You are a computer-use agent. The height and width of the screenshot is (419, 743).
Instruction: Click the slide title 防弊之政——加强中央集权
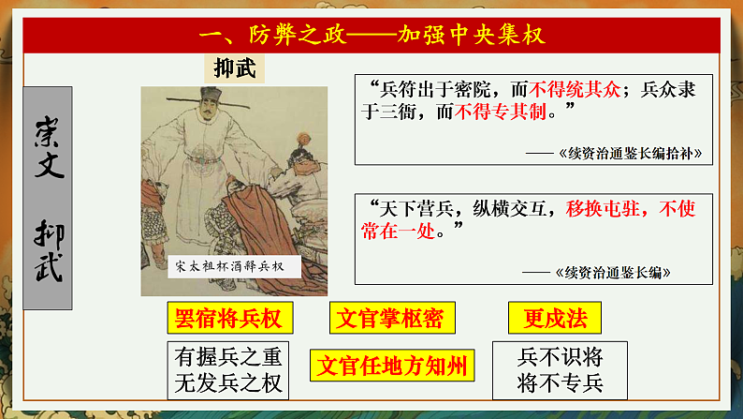click(372, 35)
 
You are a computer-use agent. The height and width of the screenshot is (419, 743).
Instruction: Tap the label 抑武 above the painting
click(234, 67)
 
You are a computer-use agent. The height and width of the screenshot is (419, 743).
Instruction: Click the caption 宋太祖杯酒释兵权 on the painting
click(229, 266)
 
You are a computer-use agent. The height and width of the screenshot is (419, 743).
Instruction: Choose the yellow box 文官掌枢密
click(387, 319)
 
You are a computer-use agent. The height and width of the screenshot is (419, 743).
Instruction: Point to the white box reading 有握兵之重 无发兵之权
click(227, 368)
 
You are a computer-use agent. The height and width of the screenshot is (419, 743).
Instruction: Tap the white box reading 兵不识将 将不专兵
click(560, 368)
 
